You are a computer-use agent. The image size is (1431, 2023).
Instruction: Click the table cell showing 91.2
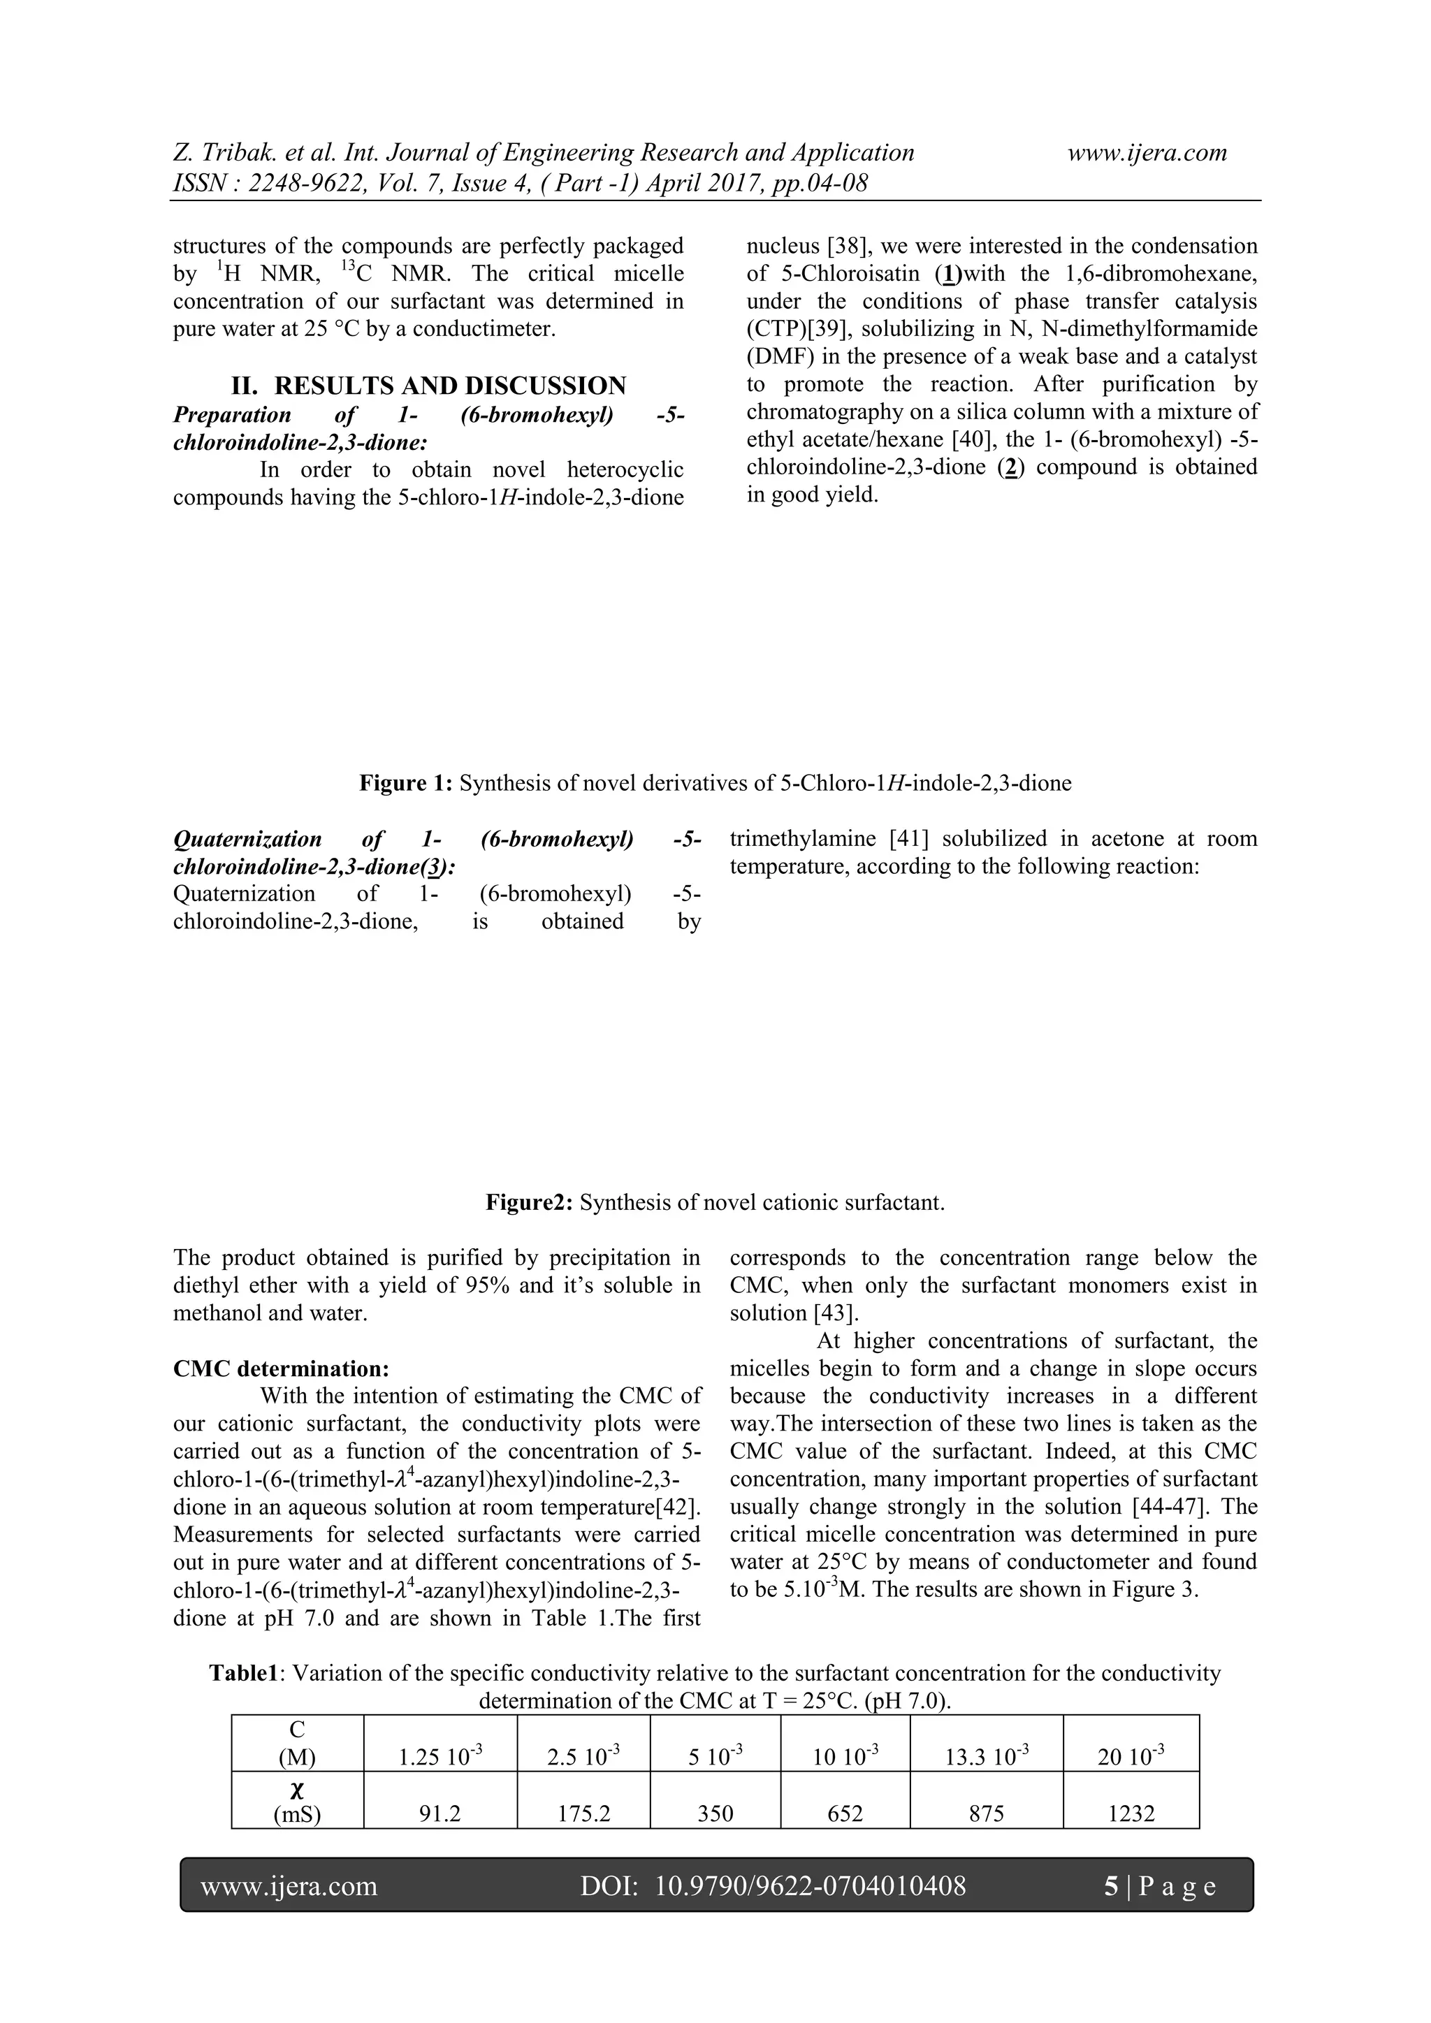coord(439,1813)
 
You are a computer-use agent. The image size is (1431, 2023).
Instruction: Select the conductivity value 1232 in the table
coord(1131,1813)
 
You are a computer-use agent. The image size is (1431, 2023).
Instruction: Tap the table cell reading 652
coord(844,1813)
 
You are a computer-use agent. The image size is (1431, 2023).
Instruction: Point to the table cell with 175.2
coord(583,1813)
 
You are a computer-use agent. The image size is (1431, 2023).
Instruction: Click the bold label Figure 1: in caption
coord(405,783)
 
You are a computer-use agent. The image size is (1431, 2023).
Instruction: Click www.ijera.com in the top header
coord(1147,152)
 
